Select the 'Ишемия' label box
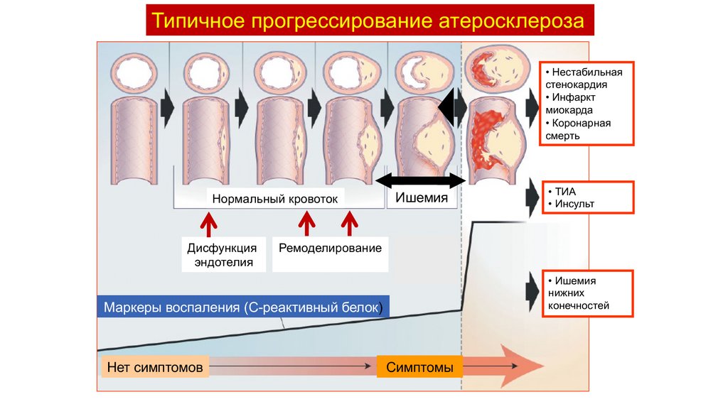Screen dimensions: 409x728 [422, 198]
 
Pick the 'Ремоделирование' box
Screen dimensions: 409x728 [330, 249]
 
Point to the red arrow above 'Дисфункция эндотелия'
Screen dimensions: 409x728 [209, 224]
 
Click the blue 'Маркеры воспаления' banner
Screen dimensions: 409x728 [242, 307]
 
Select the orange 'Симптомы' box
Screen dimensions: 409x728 [420, 367]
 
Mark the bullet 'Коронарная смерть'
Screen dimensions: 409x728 [581, 129]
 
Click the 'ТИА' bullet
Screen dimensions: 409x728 [562, 192]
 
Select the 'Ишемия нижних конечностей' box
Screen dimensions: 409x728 [586, 293]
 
